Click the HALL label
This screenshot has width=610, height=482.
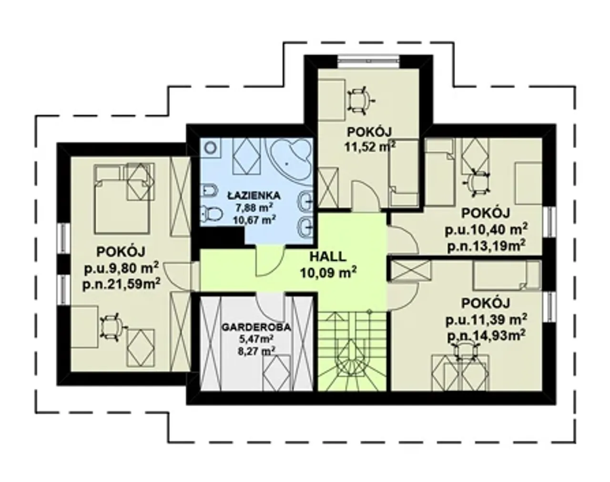pos(328,256)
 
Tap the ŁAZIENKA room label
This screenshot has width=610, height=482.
pos(254,195)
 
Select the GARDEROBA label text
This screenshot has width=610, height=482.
pos(256,327)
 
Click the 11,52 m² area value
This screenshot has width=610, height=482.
pos(370,146)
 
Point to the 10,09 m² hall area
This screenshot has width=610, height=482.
pos(328,273)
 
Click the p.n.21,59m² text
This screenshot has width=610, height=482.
pos(122,284)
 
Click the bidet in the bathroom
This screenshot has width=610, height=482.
pos(209,191)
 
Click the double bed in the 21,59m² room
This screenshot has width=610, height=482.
pos(122,199)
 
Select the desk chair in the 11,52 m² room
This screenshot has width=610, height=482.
pos(360,101)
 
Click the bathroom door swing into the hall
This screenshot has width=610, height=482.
pos(270,261)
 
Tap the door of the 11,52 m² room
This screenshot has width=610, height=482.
pos(365,196)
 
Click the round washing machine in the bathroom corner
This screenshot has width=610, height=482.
pos(210,148)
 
